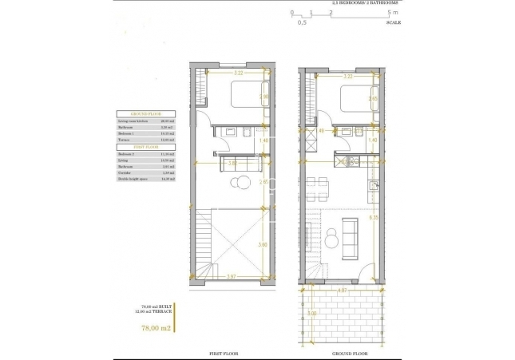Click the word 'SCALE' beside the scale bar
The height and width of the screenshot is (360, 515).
(393, 22)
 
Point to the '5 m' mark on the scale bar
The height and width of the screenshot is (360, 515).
(390, 13)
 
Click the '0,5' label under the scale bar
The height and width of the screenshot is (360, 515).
(302, 22)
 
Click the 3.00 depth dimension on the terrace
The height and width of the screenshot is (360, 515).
(311, 314)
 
